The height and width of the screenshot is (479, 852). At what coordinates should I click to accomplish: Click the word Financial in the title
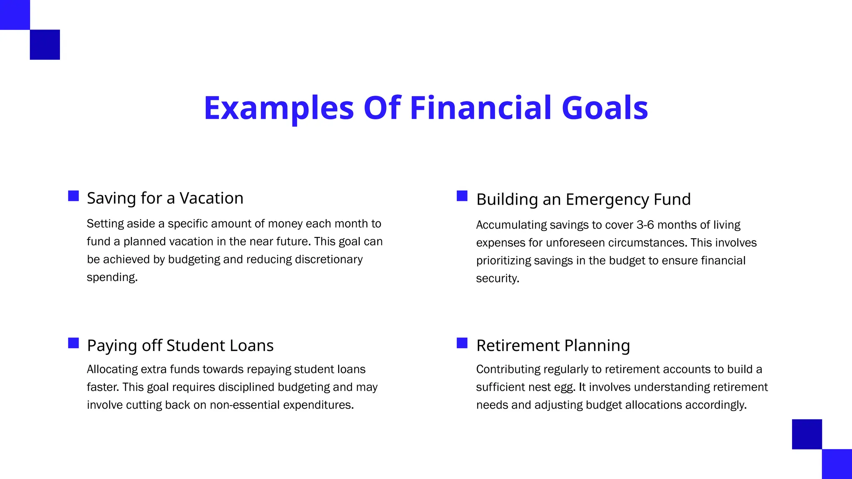click(x=480, y=108)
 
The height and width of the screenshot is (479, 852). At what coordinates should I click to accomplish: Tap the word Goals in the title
click(x=605, y=108)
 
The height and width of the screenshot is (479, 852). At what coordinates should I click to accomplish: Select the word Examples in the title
click(x=279, y=108)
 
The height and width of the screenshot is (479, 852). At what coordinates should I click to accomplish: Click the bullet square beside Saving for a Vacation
click(x=74, y=196)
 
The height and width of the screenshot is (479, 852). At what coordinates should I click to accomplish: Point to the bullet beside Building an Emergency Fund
click(x=462, y=196)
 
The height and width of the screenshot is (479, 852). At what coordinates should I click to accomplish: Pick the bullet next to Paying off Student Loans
click(x=74, y=343)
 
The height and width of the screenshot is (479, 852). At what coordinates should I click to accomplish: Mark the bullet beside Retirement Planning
click(x=462, y=343)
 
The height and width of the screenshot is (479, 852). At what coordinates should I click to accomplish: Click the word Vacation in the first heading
click(x=211, y=198)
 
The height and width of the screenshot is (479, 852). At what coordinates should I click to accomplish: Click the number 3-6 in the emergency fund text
click(x=645, y=225)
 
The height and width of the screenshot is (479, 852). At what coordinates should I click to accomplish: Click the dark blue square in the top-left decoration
click(x=45, y=44)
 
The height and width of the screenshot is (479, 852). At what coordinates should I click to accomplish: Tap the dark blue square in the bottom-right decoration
click(x=807, y=434)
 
